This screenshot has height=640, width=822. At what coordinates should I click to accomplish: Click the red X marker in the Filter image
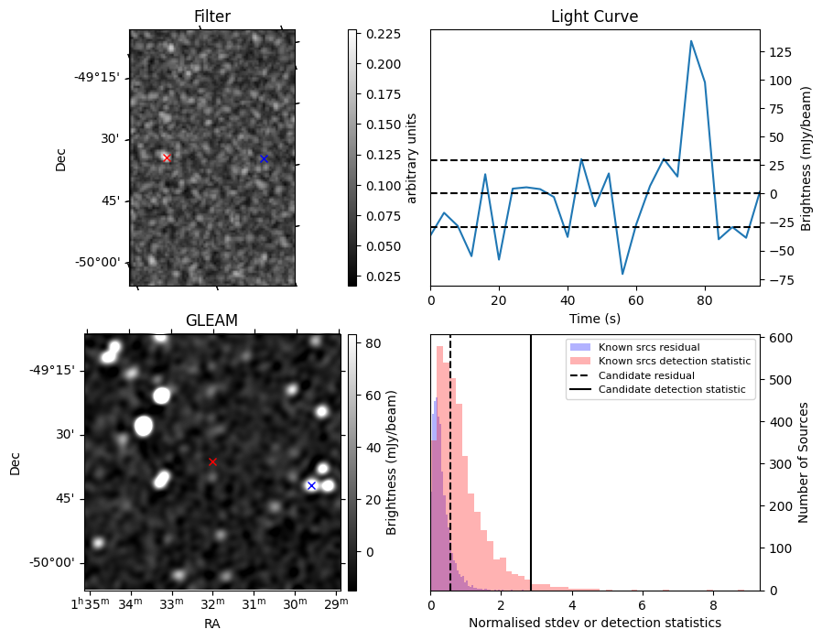click(x=167, y=157)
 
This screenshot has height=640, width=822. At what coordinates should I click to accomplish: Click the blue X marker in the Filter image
click(x=264, y=158)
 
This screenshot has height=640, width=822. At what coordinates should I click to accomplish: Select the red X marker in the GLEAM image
click(x=212, y=461)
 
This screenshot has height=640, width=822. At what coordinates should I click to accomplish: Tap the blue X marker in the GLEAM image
click(x=311, y=485)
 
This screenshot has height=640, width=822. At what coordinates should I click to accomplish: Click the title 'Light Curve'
click(x=594, y=16)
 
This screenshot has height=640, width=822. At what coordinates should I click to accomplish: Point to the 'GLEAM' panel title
click(x=211, y=320)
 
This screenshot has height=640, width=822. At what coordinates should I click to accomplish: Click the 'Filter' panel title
click(x=212, y=16)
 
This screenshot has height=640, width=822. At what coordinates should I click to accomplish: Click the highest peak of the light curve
click(x=691, y=41)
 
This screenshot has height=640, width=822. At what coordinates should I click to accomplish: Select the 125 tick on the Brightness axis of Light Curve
click(x=774, y=52)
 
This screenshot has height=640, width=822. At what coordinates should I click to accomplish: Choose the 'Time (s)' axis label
click(x=594, y=317)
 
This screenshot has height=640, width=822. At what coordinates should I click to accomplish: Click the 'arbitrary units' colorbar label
click(x=412, y=157)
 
